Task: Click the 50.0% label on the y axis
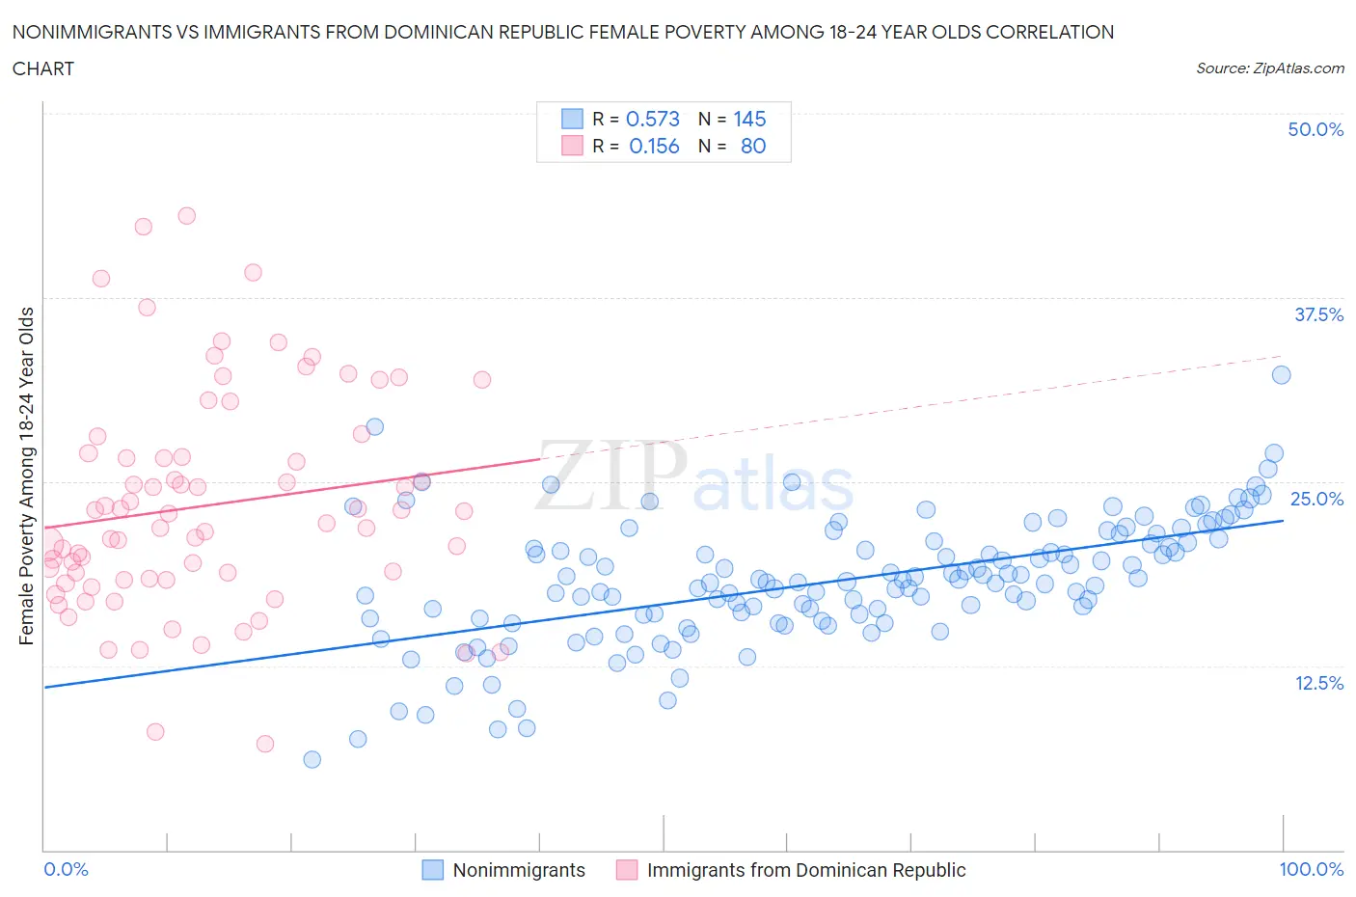(x=1315, y=129)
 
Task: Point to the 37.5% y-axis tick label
(x=1318, y=314)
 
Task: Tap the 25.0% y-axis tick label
(x=1316, y=499)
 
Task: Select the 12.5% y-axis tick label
(x=1318, y=683)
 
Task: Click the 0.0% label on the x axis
(x=67, y=869)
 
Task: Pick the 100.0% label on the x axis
(x=1311, y=869)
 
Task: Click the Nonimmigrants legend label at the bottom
(x=519, y=870)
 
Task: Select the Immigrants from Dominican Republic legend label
(x=806, y=870)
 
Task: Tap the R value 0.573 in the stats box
(x=653, y=119)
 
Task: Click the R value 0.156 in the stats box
(x=654, y=146)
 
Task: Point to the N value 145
(x=749, y=119)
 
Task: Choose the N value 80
(x=753, y=146)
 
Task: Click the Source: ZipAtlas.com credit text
(x=1269, y=68)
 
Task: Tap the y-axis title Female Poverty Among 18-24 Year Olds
(x=27, y=476)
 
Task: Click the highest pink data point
(x=187, y=216)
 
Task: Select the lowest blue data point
(x=312, y=759)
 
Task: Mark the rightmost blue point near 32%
(x=1281, y=375)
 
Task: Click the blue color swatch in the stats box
(x=572, y=119)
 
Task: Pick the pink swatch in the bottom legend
(x=627, y=870)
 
